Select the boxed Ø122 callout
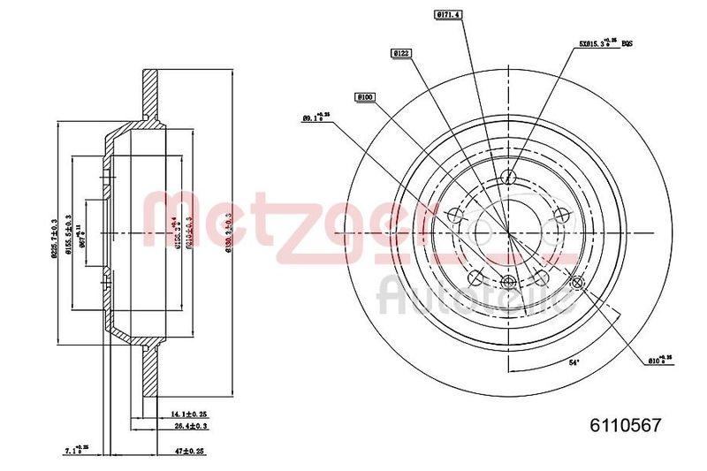coord(400,54)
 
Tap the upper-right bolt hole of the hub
coord(560,214)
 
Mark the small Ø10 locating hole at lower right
coord(579,283)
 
